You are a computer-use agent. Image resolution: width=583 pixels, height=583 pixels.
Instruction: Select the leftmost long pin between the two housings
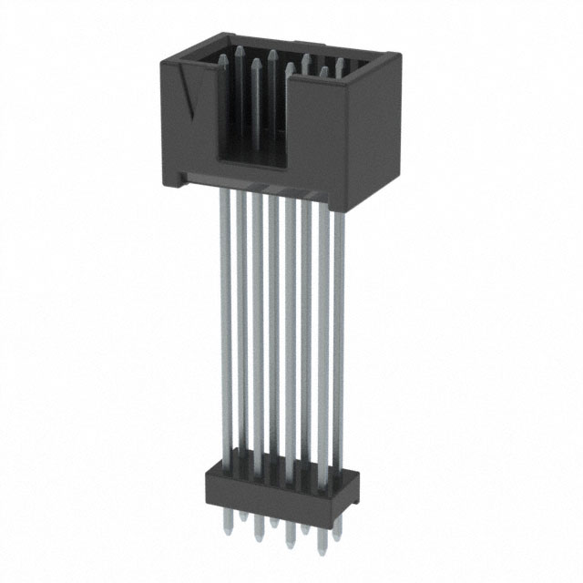[224, 319]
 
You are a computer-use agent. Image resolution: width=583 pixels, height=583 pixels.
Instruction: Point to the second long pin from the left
[241, 319]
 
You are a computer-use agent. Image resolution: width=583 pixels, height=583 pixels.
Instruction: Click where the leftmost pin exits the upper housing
[224, 191]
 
